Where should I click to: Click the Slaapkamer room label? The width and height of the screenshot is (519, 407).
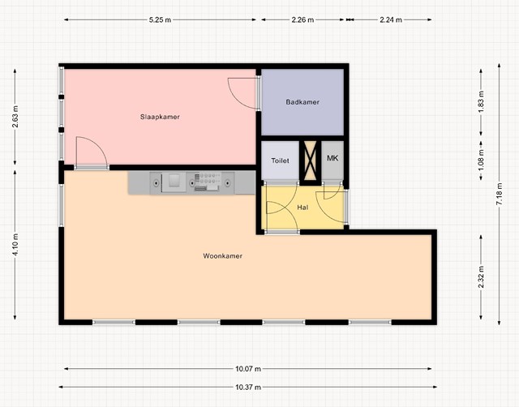click(x=160, y=117)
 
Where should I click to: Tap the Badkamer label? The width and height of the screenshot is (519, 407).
click(x=302, y=102)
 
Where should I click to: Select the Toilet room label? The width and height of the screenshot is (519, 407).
click(x=280, y=161)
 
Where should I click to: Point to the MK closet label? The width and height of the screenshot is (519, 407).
click(x=332, y=158)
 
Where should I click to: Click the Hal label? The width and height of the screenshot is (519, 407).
click(x=302, y=208)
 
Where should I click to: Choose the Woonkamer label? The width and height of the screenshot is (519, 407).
click(x=223, y=255)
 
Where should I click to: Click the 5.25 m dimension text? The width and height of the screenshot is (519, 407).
click(x=160, y=19)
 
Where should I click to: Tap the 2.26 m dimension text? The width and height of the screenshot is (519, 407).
click(x=302, y=19)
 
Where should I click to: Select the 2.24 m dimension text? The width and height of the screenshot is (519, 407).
click(x=391, y=19)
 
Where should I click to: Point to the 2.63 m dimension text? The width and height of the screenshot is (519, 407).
click(x=15, y=117)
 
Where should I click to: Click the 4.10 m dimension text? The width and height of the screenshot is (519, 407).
click(x=15, y=244)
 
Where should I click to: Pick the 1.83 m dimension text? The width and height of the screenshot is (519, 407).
click(x=481, y=101)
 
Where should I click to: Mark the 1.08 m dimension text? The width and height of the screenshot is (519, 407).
click(x=481, y=161)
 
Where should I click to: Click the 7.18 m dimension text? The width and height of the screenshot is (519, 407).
click(x=500, y=194)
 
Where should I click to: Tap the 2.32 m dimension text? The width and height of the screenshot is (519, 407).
click(x=481, y=277)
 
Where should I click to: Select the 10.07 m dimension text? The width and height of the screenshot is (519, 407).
click(x=248, y=369)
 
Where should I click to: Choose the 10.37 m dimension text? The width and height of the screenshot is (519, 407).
click(x=248, y=387)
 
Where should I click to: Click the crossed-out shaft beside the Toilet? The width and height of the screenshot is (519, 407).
click(x=310, y=161)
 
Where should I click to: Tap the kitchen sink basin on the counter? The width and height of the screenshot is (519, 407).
click(x=174, y=181)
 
